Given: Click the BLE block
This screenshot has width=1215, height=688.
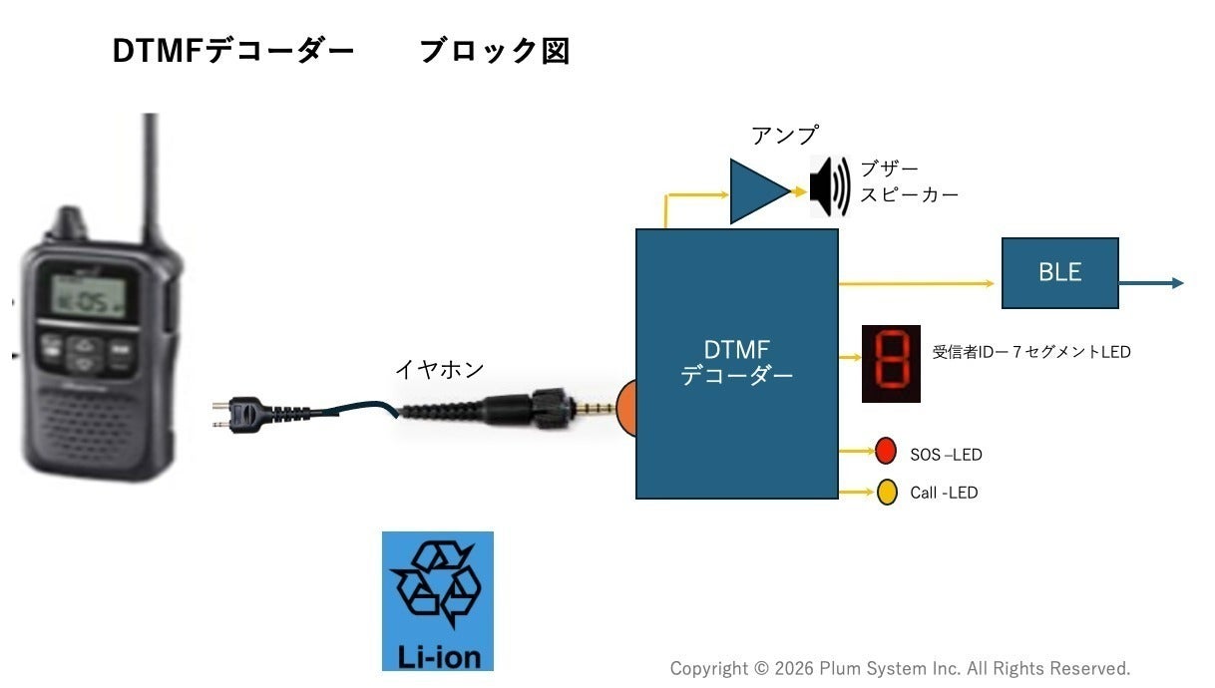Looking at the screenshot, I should click(1059, 272).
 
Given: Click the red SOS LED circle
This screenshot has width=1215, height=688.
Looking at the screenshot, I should click(886, 452).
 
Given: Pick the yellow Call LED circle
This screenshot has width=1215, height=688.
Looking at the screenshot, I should click(887, 492).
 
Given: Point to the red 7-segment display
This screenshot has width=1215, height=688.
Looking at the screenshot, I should click(891, 363).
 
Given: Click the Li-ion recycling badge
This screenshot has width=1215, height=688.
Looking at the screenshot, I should click(437, 600).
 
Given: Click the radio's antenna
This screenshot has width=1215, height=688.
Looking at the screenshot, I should click(151, 174).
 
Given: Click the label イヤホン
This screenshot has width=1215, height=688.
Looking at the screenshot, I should click(439, 369).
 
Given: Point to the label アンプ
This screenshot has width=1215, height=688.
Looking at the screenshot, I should click(784, 135).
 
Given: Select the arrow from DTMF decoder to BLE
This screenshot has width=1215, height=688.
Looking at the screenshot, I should click(918, 283).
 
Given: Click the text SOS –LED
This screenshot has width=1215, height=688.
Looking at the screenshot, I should click(946, 455).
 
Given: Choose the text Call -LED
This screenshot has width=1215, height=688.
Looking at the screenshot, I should click(944, 493).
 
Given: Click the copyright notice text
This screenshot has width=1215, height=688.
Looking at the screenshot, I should click(900, 668).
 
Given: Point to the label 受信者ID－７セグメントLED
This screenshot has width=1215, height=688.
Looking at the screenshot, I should click(1031, 351).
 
